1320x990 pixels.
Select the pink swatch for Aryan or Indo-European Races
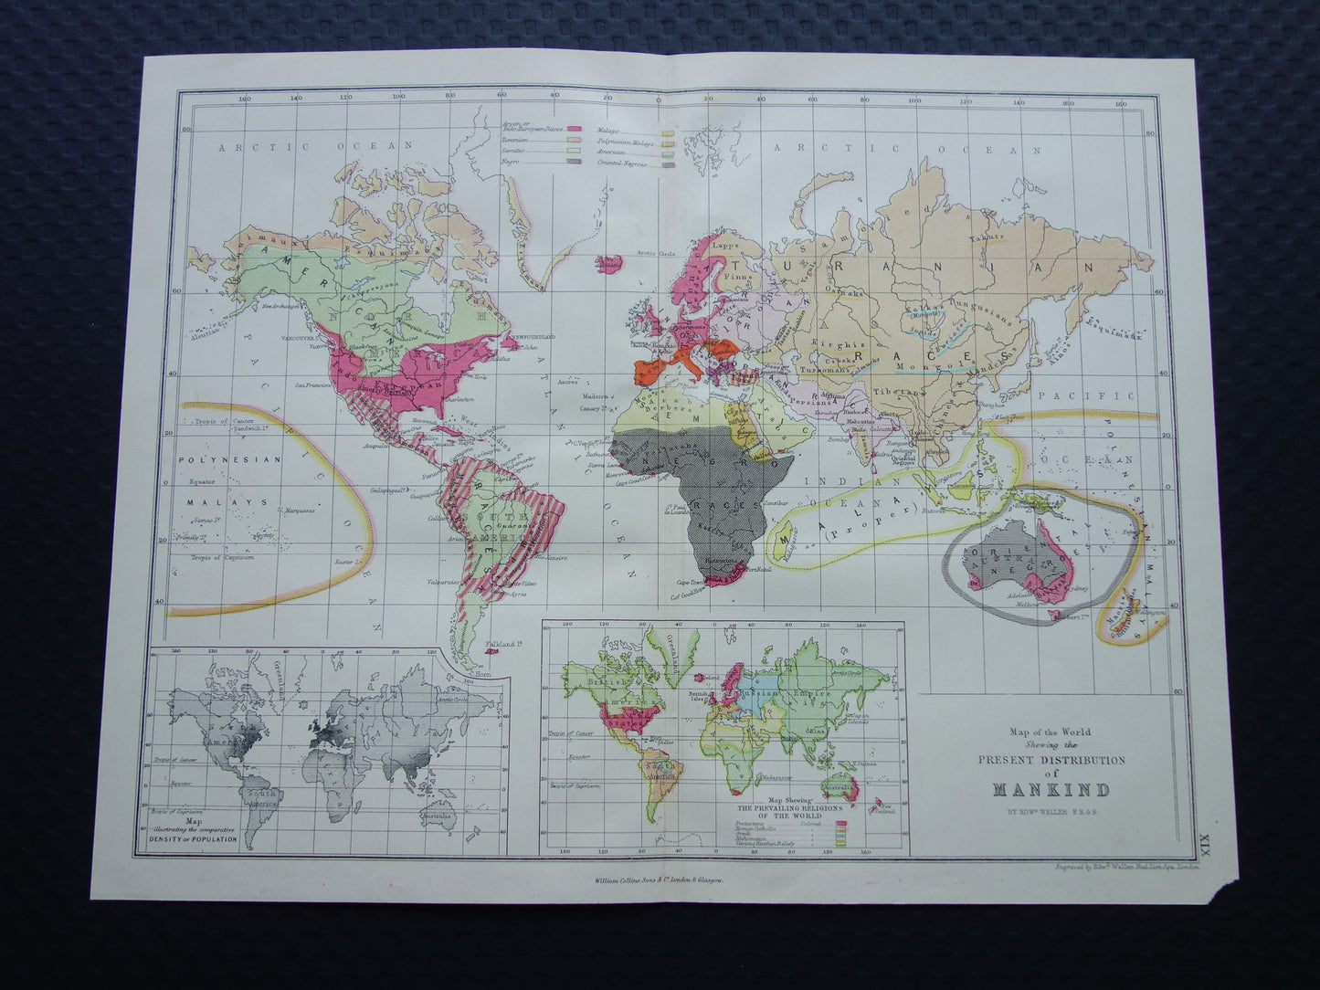[x=576, y=131]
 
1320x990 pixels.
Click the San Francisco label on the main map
[x=313, y=384]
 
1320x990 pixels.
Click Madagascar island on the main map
[x=778, y=546]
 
